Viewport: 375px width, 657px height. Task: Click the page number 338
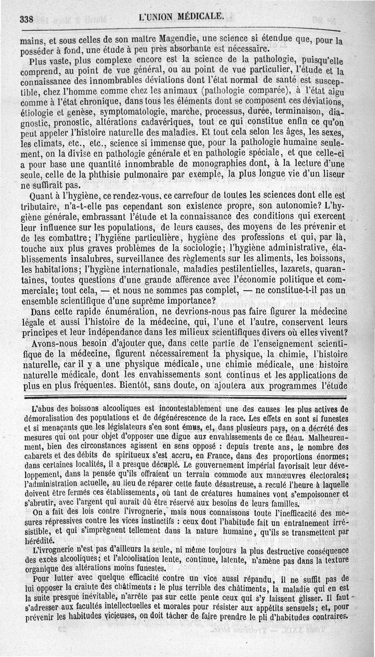coord(27,19)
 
